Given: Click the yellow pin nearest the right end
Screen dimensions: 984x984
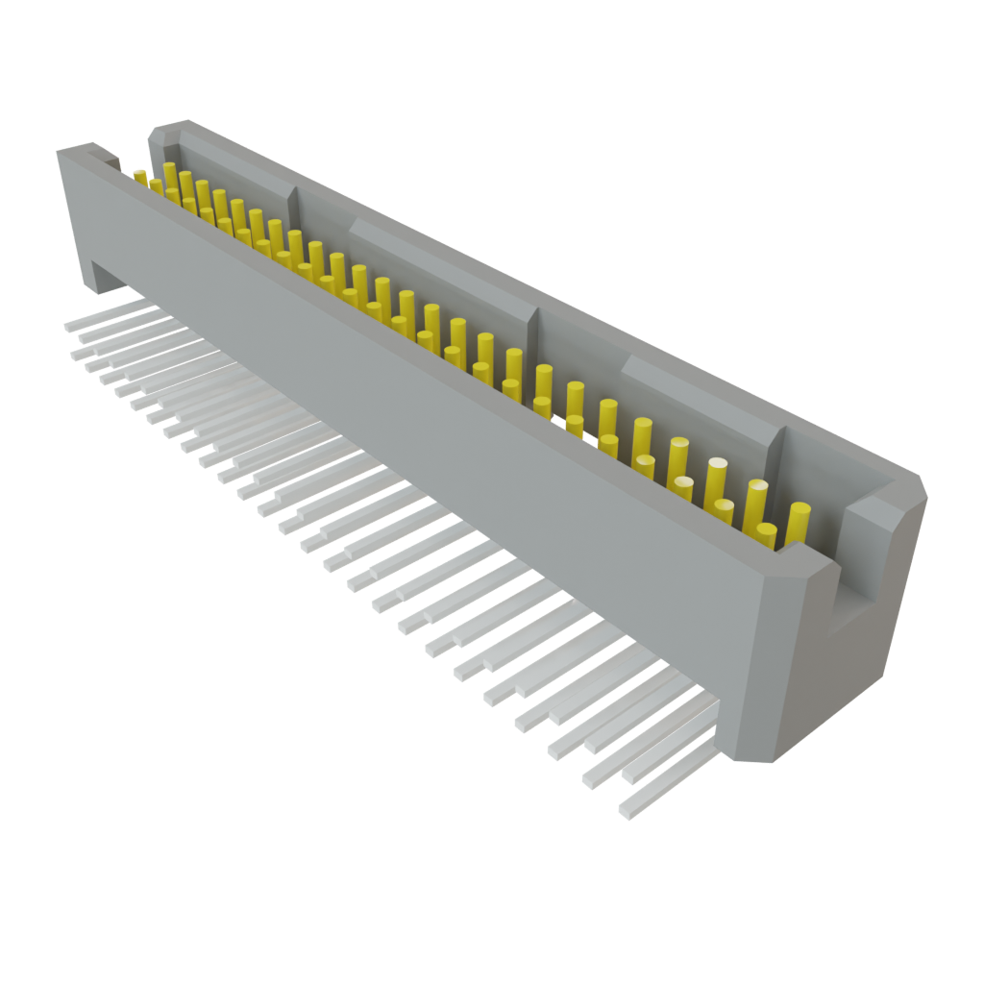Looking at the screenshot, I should (x=799, y=521).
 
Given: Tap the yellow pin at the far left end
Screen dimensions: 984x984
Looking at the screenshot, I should (x=140, y=176).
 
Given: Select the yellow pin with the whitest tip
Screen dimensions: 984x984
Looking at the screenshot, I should (x=683, y=483).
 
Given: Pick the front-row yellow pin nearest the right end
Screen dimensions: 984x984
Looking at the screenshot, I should (x=766, y=534).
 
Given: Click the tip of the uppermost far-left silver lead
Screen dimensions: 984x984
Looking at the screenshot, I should (x=68, y=327).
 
